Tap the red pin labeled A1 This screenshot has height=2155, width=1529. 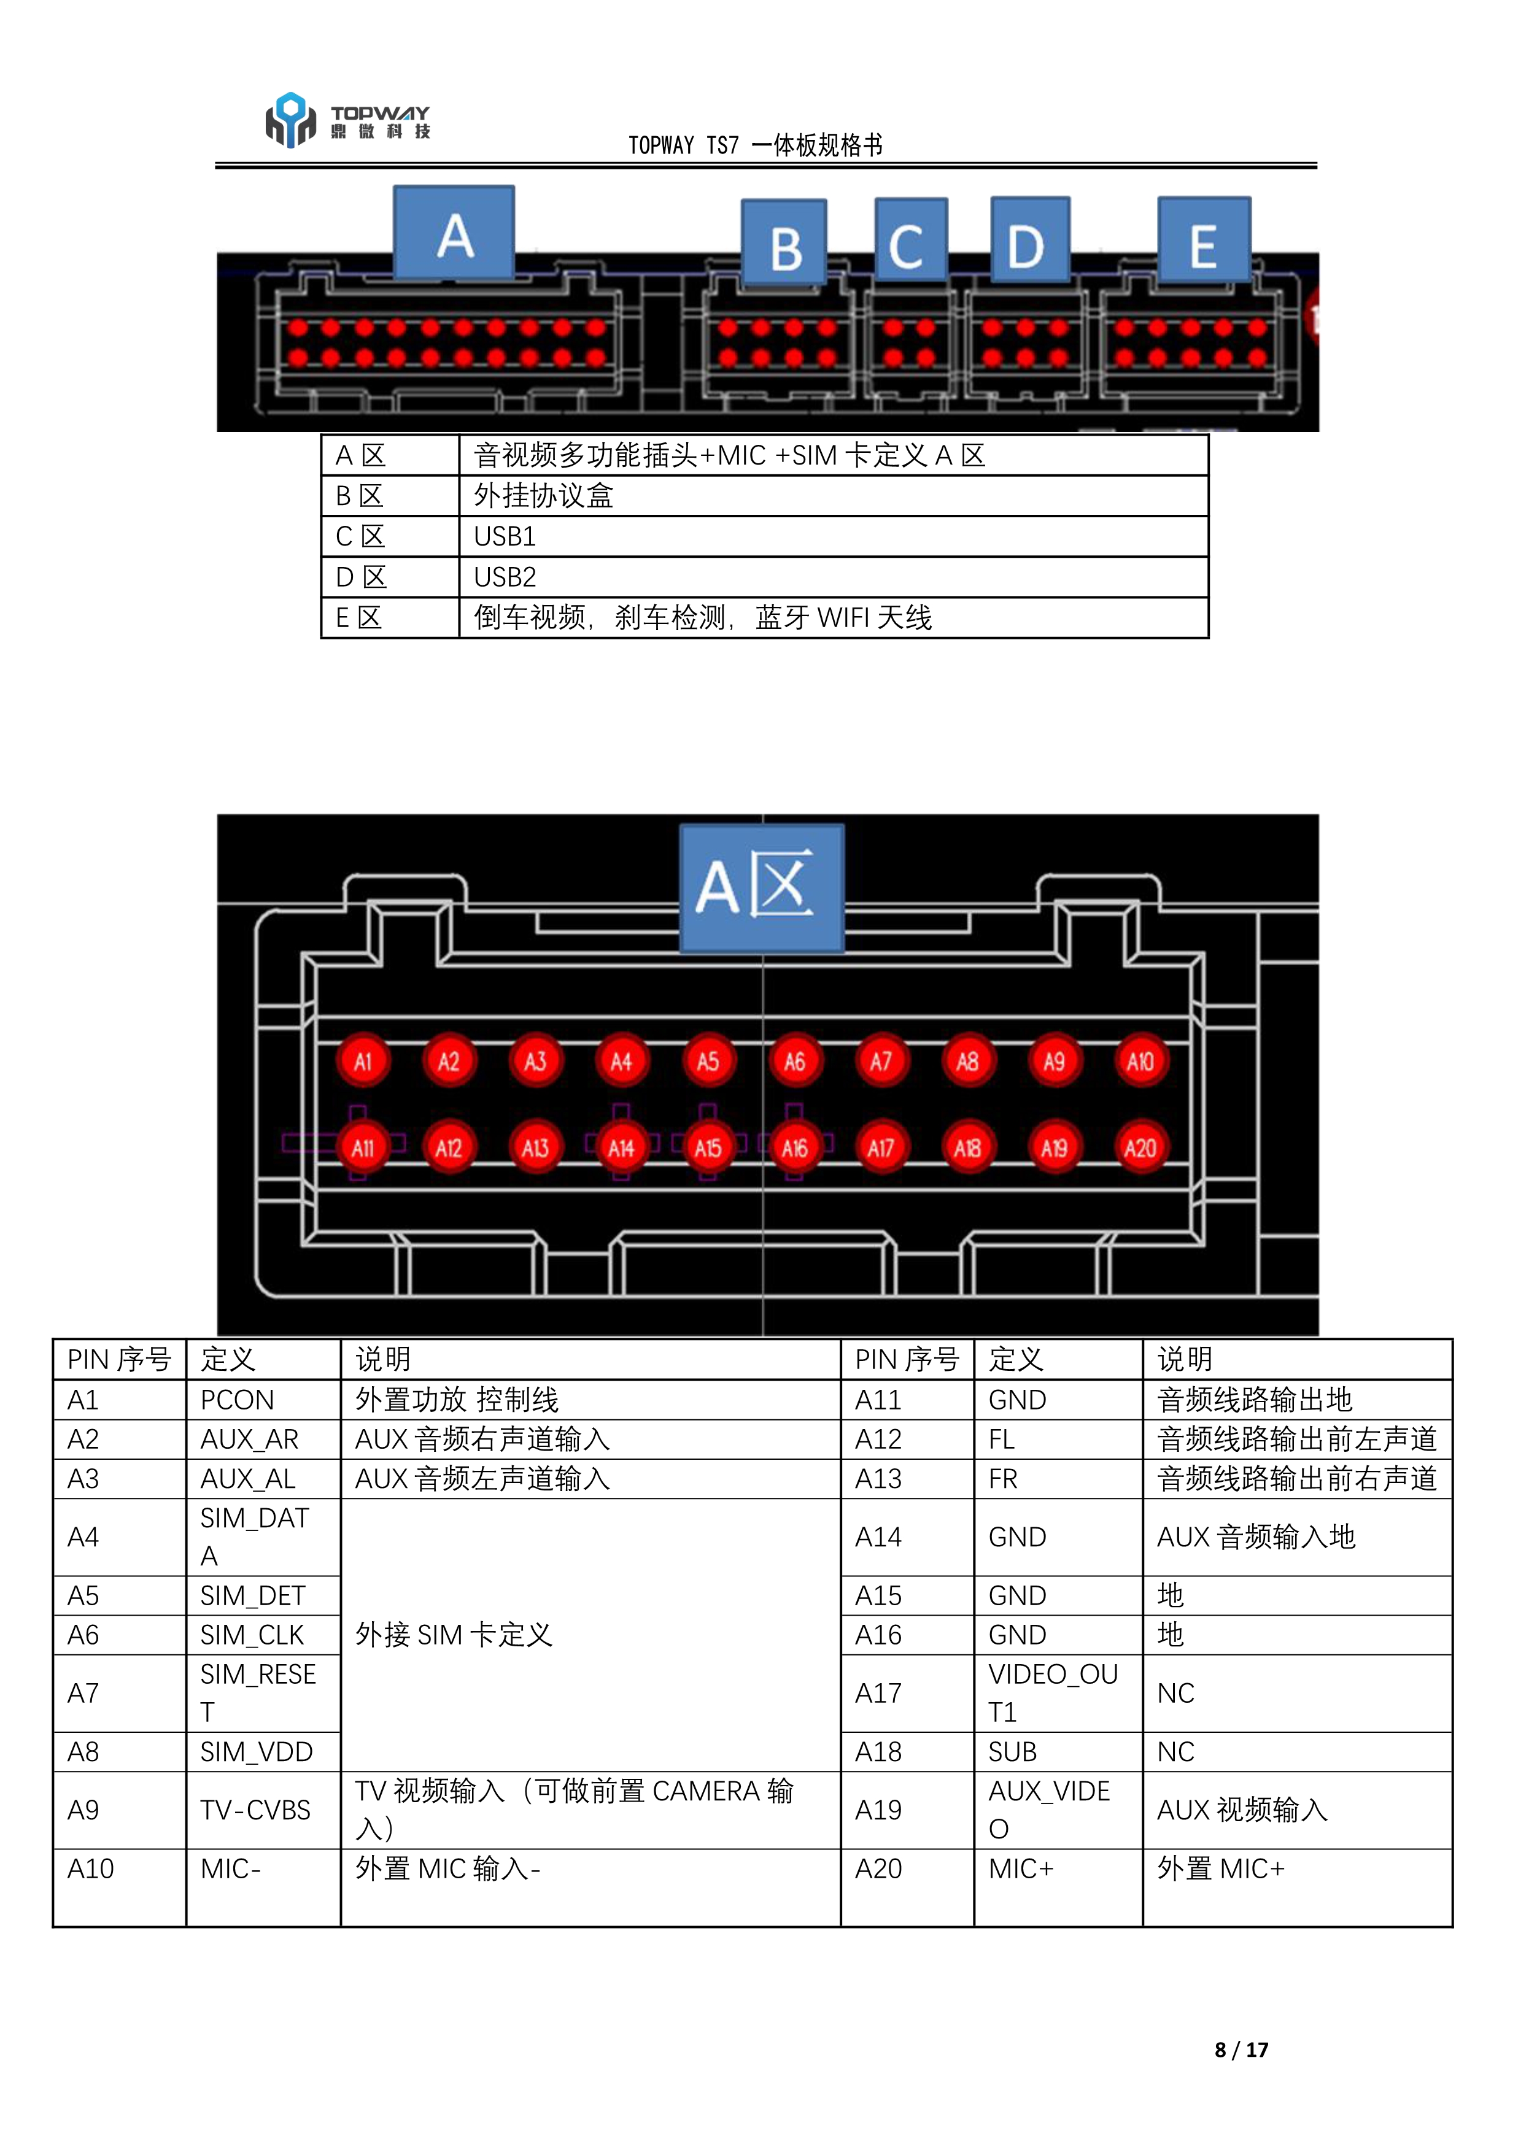(363, 1062)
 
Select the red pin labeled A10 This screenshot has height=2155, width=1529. (1140, 1062)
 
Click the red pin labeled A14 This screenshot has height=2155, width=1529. (621, 1148)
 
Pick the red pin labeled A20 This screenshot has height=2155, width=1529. (1140, 1148)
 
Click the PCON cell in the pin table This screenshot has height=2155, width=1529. (238, 1400)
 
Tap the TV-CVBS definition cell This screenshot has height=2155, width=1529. (255, 1811)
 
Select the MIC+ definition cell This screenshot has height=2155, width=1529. (1021, 1869)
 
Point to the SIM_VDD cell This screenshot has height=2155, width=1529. (256, 1752)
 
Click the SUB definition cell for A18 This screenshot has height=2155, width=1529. (1013, 1752)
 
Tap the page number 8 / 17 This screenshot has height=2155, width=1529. (1241, 2049)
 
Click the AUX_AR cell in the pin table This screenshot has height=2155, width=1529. (249, 1440)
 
